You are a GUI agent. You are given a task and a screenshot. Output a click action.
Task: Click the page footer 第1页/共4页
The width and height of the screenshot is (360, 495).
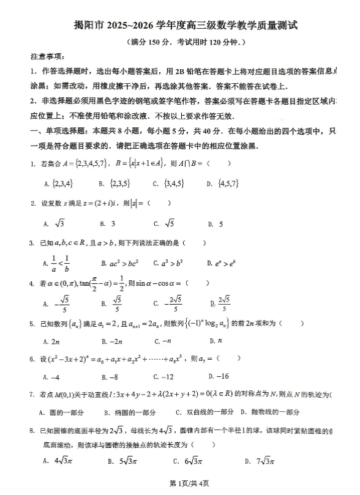pos(181,484)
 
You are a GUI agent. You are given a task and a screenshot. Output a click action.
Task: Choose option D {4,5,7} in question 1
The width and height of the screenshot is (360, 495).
pos(221,183)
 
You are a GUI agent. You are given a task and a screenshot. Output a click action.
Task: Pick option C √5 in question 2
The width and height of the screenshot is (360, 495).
pos(165,223)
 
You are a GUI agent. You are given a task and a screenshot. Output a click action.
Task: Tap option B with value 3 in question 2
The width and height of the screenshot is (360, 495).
pos(111,223)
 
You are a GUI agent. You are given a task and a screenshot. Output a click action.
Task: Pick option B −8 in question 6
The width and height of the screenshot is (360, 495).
pos(110,376)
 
